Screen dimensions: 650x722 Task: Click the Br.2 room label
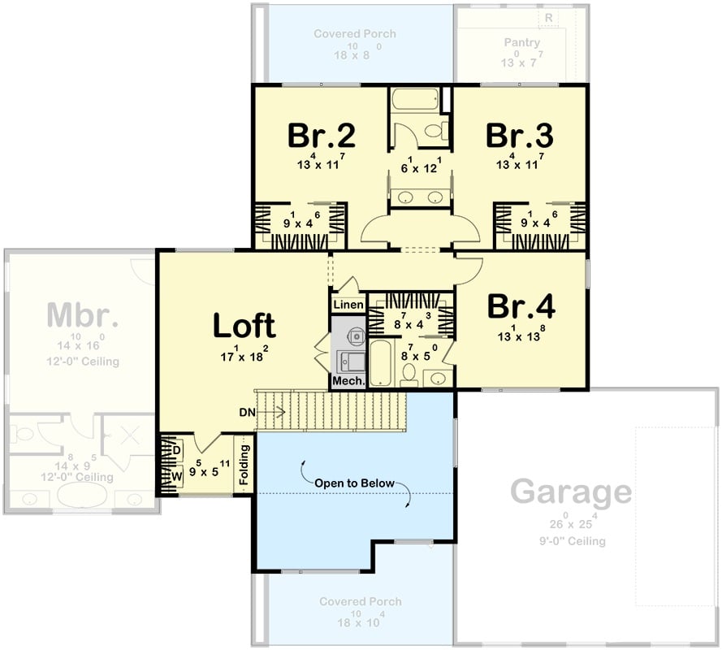[322, 136]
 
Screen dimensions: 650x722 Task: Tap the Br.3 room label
[520, 136]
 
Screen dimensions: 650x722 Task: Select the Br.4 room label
[521, 306]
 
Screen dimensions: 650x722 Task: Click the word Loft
[244, 325]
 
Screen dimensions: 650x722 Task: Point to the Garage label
[570, 492]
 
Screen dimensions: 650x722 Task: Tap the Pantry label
[522, 41]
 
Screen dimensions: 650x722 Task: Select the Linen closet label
[347, 304]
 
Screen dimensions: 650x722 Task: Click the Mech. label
[347, 380]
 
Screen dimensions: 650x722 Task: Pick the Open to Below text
[356, 483]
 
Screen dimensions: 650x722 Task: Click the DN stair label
[249, 413]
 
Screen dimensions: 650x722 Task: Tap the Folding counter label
[244, 464]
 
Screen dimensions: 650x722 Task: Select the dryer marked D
[176, 449]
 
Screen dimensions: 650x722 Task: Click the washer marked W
[176, 477]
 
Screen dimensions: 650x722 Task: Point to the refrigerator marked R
[549, 17]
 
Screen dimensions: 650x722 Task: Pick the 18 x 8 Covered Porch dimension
[355, 50]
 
